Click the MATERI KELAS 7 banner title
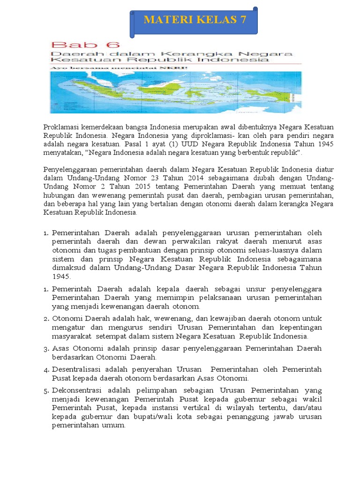click(195, 20)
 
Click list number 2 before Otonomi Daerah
click(46, 319)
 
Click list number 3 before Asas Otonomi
click(46, 349)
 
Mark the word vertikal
click(223, 408)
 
